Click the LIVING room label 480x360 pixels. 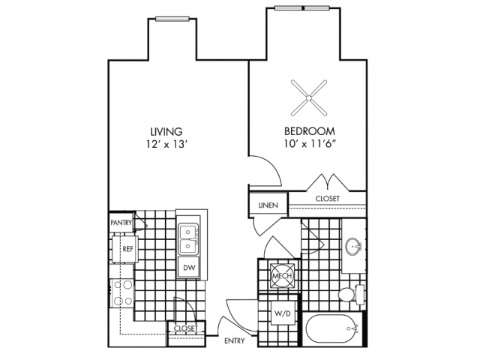(166, 130)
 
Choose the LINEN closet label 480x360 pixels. (268, 205)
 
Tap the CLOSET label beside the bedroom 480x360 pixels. (328, 199)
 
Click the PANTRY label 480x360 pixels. (121, 223)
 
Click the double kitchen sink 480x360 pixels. (188, 238)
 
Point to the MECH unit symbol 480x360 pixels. (280, 275)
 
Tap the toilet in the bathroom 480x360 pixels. (348, 295)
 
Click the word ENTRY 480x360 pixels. (235, 341)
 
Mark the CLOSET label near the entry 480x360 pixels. (186, 328)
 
